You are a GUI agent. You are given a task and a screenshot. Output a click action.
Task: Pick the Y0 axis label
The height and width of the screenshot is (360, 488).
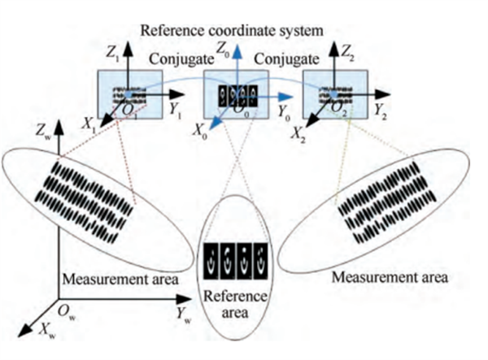coord(284,114)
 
